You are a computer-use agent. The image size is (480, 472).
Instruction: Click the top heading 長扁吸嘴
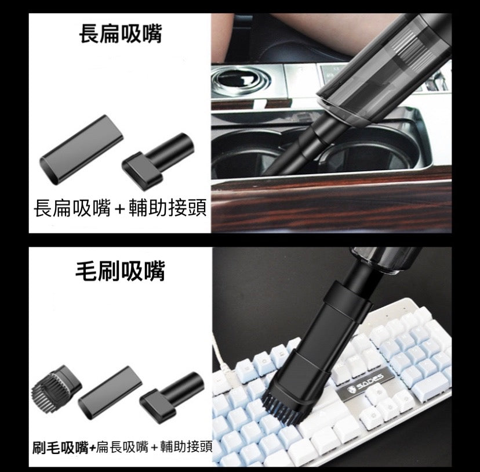[121, 34]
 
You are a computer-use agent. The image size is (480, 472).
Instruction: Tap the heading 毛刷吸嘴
[121, 271]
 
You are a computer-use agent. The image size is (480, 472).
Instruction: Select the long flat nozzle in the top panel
[81, 150]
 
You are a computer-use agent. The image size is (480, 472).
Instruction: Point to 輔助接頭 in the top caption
[168, 208]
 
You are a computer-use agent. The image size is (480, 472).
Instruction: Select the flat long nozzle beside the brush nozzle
[110, 393]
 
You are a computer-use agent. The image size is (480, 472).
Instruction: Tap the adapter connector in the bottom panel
[172, 397]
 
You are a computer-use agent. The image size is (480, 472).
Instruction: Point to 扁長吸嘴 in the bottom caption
[122, 447]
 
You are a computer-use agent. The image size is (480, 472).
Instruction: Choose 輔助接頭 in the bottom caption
[186, 446]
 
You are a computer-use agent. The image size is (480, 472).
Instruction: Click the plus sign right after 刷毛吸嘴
[92, 448]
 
